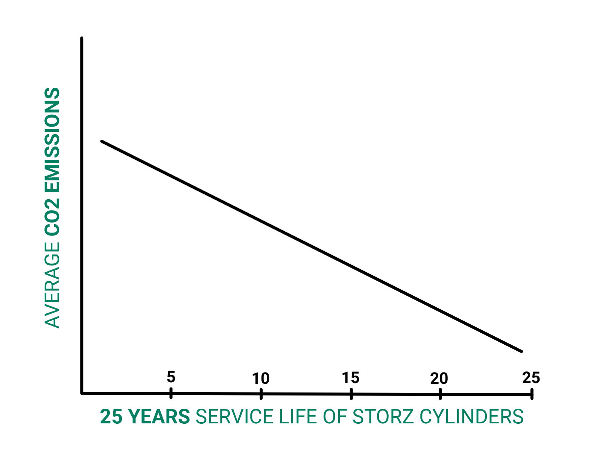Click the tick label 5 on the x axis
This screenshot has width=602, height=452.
(x=171, y=377)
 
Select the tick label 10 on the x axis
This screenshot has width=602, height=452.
(x=261, y=378)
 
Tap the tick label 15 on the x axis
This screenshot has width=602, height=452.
(x=351, y=377)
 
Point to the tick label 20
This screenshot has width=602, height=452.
(x=439, y=379)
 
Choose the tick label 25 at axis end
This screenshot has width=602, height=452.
(x=531, y=377)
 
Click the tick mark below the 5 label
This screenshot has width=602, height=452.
(x=171, y=393)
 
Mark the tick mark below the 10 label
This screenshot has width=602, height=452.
(x=261, y=394)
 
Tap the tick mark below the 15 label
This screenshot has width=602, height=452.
(x=351, y=394)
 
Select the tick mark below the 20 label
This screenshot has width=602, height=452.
(x=440, y=395)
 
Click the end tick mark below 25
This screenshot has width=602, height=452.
(x=532, y=394)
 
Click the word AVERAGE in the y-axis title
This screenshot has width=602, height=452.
(x=52, y=285)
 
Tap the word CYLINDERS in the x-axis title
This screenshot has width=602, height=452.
(x=471, y=417)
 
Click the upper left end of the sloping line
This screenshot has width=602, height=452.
(x=102, y=141)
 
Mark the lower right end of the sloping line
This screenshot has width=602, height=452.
(x=521, y=351)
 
